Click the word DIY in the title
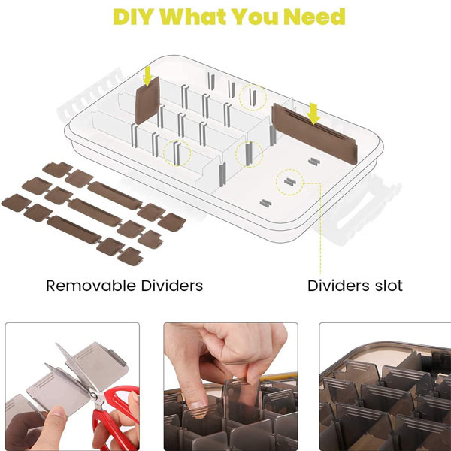click(x=132, y=17)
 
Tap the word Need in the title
click(x=314, y=17)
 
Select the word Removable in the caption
click(x=91, y=286)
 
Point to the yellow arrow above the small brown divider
click(x=147, y=76)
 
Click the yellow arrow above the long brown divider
click(x=313, y=114)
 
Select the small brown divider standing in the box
click(x=147, y=101)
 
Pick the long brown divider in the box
click(x=314, y=134)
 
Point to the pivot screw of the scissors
click(x=94, y=397)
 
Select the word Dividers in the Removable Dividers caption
click(x=172, y=286)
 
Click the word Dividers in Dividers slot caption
click(x=339, y=286)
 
